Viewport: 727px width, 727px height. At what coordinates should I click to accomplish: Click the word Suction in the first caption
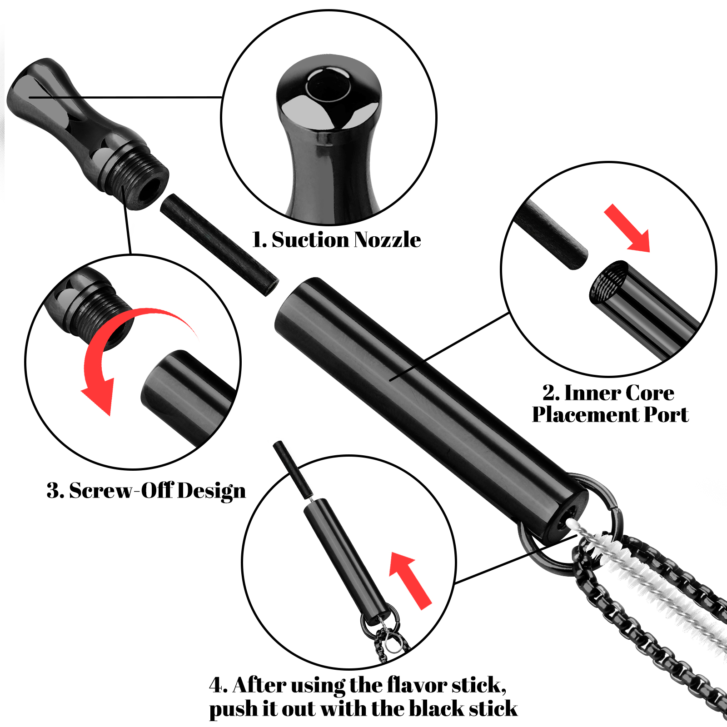(x=310, y=239)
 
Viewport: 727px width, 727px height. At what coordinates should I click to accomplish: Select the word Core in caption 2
(x=651, y=393)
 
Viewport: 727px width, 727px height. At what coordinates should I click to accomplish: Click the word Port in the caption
(x=666, y=414)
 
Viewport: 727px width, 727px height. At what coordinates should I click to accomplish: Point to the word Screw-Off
(x=121, y=491)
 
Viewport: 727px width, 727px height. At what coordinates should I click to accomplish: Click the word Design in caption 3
(x=212, y=492)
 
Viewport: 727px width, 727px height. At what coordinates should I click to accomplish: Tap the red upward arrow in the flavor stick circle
(x=410, y=580)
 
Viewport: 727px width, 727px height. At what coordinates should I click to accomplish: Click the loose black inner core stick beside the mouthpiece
(x=219, y=245)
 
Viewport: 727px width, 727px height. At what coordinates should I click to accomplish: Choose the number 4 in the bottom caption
(x=218, y=685)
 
